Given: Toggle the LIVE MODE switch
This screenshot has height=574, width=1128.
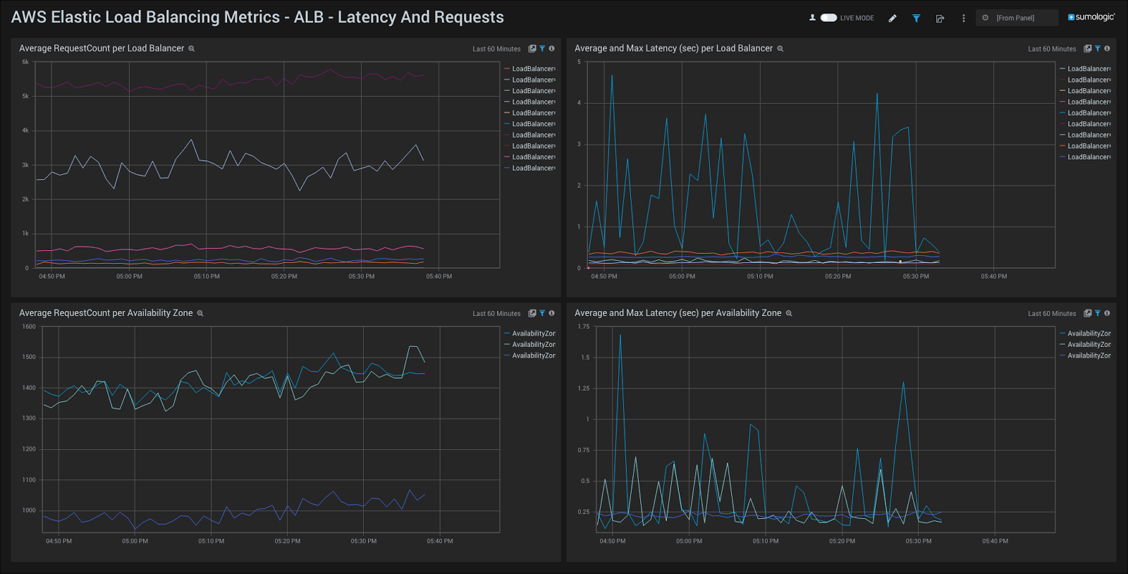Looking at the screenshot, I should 828,18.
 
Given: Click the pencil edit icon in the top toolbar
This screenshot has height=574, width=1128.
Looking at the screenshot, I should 893,18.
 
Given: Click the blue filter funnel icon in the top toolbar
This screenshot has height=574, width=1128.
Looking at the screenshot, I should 916,18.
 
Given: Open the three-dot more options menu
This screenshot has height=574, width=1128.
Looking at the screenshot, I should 963,18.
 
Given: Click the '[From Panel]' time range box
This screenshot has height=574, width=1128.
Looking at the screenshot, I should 1016,18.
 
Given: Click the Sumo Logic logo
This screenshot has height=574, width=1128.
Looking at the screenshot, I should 1091,17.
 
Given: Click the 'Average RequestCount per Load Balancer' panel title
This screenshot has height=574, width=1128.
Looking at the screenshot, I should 102,49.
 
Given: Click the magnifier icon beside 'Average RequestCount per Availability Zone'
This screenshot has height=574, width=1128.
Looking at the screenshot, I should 200,313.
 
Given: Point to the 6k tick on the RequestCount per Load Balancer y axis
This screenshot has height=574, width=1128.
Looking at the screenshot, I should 25,62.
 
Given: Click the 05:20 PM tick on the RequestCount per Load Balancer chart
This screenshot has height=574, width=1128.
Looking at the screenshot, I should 284,276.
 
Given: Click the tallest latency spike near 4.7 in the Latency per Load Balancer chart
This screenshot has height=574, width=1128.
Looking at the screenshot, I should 612,76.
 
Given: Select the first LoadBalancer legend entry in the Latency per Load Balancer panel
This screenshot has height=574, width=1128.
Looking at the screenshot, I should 1088,69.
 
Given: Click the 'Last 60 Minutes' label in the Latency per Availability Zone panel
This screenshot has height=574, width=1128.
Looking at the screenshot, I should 1052,314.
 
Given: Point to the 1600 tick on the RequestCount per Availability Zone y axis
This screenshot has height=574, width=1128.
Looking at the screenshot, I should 28,326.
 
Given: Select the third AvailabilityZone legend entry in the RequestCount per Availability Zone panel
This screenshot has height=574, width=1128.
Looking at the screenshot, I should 533,356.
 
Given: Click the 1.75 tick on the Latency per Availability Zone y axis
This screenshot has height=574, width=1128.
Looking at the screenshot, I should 583,326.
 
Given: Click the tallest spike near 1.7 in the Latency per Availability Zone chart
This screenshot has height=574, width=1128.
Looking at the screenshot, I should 620,336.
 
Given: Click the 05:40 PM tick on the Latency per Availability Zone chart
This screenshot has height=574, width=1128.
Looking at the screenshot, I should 995,541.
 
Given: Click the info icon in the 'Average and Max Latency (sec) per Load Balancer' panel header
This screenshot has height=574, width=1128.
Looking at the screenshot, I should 1107,49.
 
